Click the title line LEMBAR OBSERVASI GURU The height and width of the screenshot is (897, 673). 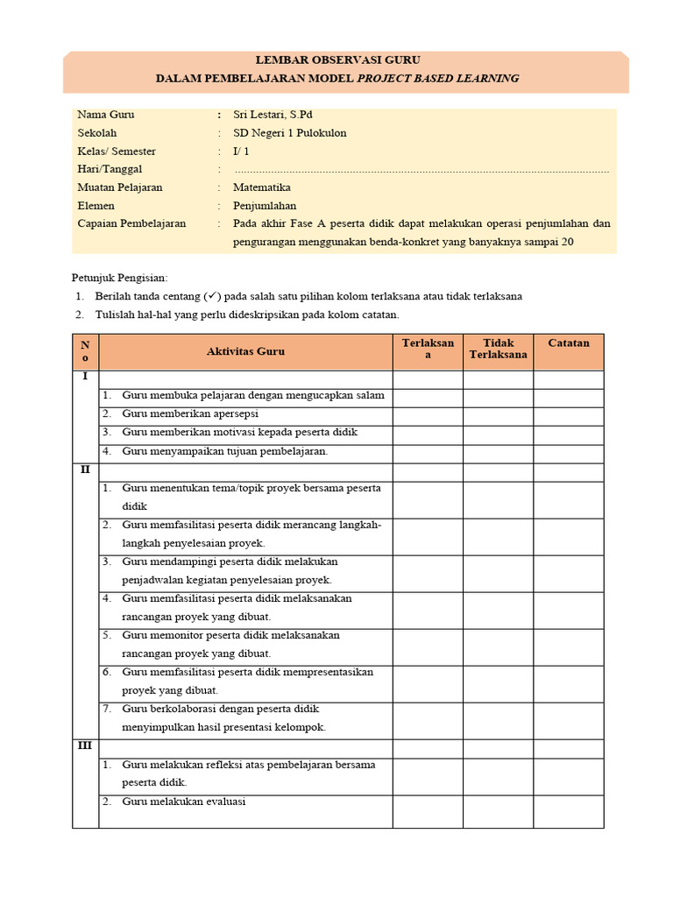[x=337, y=60]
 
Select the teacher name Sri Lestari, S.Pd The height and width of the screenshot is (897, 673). [x=272, y=115]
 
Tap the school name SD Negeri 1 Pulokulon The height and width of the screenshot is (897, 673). [x=289, y=133]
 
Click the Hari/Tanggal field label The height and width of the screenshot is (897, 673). [x=110, y=169]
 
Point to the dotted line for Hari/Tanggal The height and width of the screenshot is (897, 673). [x=421, y=171]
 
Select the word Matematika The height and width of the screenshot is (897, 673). [x=262, y=187]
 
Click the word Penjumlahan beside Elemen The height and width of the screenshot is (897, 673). [x=265, y=206]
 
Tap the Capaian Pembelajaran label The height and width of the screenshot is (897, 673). [x=131, y=223]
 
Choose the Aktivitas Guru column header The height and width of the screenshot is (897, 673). [x=245, y=351]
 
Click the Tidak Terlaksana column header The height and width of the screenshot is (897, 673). [x=498, y=349]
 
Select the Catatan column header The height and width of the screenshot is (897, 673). [x=569, y=343]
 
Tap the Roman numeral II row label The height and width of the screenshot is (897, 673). [x=85, y=470]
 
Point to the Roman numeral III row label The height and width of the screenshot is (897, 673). [x=85, y=746]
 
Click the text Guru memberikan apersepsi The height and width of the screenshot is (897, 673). [x=190, y=414]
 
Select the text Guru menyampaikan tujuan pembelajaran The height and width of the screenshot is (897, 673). [x=224, y=451]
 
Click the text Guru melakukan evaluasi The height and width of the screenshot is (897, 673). [x=184, y=802]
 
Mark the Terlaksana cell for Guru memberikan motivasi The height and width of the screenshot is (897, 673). [x=428, y=434]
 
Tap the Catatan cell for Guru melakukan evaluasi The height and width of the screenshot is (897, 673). [x=569, y=811]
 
